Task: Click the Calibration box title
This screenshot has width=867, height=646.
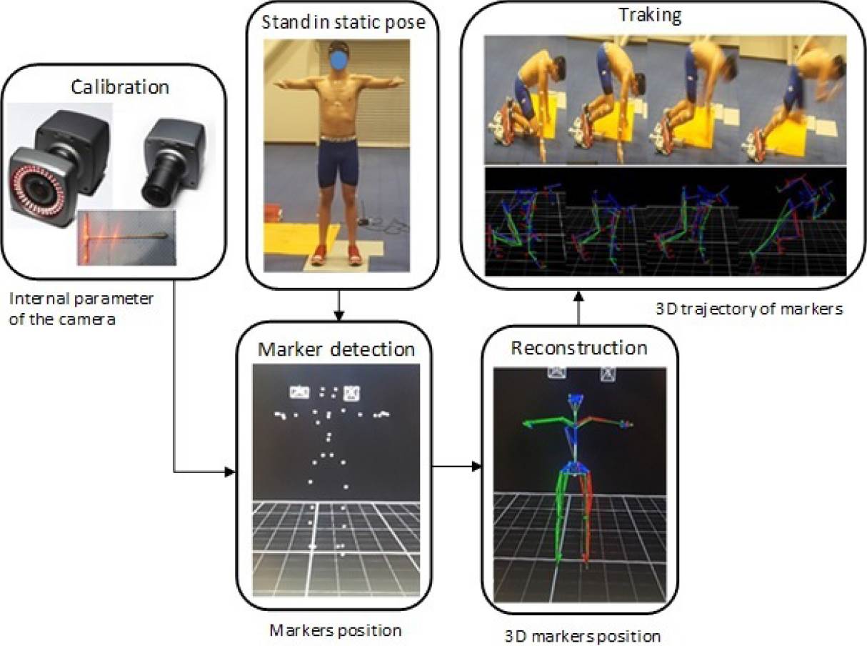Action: tap(119, 88)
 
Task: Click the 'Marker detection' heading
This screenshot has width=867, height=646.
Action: tap(336, 350)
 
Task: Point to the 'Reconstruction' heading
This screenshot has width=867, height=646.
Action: tap(579, 348)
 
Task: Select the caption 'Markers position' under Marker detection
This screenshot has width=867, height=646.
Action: tap(335, 630)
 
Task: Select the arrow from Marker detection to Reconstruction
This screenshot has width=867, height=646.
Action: tap(457, 467)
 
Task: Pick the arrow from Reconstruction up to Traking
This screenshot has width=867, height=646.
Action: tap(578, 308)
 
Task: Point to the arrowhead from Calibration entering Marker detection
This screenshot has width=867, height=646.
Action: tap(230, 472)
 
